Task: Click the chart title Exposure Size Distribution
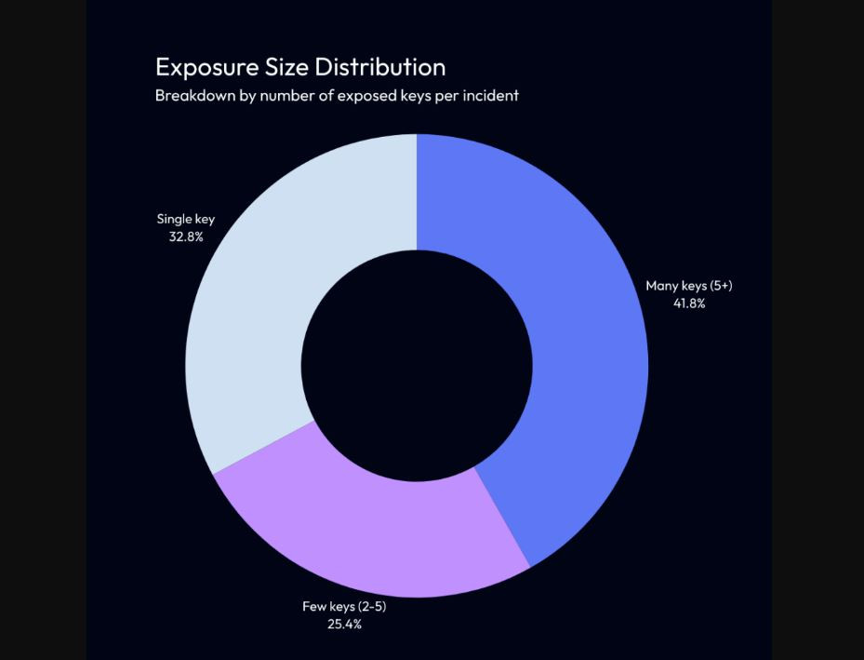[299, 67]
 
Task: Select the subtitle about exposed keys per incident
[337, 95]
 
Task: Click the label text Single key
[186, 220]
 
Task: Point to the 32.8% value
[186, 236]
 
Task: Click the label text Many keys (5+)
[689, 286]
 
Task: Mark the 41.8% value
[689, 303]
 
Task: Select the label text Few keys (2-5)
[344, 607]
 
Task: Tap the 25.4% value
[344, 624]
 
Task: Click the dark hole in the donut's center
[417, 365]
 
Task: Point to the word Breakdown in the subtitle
[194, 95]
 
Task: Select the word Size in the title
[289, 67]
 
